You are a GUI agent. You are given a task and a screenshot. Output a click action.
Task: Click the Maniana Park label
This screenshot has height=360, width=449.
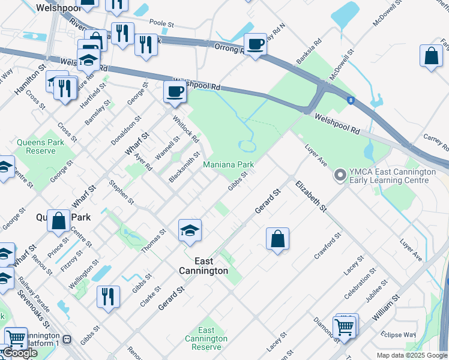coord(228,164)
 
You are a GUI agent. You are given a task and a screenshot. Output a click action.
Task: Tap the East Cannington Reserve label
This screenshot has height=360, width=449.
coord(206,339)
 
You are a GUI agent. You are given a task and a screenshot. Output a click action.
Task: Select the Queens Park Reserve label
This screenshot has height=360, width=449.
coord(40,146)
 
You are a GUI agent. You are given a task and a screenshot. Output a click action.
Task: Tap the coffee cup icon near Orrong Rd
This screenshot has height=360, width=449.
coord(255,44)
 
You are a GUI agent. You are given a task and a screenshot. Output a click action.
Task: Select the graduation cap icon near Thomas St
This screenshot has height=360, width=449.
coord(189,230)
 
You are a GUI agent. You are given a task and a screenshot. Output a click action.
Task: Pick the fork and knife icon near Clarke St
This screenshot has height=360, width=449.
coord(108,296)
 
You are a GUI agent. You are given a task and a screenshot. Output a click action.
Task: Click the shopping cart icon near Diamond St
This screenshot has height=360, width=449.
coord(345,328)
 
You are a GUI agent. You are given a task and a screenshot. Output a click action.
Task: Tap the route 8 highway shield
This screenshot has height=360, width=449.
coord(350,100)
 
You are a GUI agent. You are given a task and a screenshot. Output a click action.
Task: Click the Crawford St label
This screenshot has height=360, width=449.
coord(328,245)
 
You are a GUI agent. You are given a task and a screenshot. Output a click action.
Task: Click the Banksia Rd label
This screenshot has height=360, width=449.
coord(309,52)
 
